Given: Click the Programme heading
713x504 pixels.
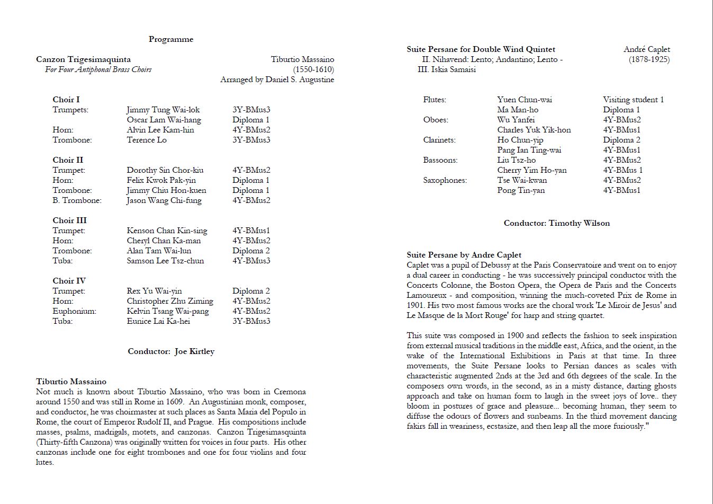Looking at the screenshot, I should (171, 39).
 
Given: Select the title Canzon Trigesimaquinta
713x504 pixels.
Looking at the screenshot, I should (83, 59).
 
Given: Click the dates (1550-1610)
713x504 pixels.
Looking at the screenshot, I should (313, 69).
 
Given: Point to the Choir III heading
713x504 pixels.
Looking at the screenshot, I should (69, 220).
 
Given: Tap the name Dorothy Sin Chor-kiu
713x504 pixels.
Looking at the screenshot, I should (165, 170).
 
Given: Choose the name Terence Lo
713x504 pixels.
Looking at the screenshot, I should (147, 140).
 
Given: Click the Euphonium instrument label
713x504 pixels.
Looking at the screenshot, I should (74, 311).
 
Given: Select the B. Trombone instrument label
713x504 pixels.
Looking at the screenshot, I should (77, 200).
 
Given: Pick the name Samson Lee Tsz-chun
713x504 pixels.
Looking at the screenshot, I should (165, 261).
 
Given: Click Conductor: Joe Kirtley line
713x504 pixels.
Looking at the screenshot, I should (171, 351).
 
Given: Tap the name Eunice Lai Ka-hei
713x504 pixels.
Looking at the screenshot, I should (158, 321).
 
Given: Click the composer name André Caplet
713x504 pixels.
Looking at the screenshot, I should (646, 49).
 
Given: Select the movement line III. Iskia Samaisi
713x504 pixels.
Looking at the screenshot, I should (446, 69).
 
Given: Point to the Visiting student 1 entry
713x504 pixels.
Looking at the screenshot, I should (633, 100).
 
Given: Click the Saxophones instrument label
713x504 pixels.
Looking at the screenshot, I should (445, 180).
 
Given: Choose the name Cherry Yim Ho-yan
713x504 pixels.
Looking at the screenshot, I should (531, 170).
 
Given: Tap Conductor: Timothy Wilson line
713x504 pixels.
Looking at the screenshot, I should (556, 223).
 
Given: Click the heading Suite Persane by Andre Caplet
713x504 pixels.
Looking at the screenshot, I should (464, 255).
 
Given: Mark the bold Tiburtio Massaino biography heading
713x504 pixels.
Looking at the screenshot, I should (71, 382).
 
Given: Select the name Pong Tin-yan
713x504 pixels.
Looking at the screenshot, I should (520, 190).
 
